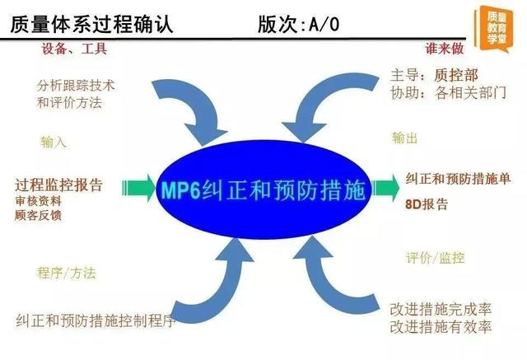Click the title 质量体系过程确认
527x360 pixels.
click(91, 24)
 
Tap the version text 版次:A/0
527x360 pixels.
click(298, 24)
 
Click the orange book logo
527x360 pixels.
click(493, 29)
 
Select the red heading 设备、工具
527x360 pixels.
click(74, 49)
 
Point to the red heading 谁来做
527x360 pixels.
click(445, 49)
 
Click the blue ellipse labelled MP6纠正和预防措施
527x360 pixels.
click(263, 190)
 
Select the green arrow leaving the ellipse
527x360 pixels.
click(386, 188)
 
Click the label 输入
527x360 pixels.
click(53, 143)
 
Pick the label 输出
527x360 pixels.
click(404, 138)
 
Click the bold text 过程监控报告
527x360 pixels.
click(58, 185)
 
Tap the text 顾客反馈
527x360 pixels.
click(38, 215)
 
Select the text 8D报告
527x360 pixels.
click(427, 204)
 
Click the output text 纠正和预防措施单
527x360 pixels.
click(458, 179)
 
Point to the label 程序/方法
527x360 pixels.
click(67, 273)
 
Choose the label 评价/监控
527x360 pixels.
click(436, 258)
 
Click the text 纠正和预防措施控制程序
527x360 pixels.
click(96, 320)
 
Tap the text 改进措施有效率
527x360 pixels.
click(441, 327)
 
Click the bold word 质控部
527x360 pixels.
click(456, 75)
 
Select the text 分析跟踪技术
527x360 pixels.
click(76, 86)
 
